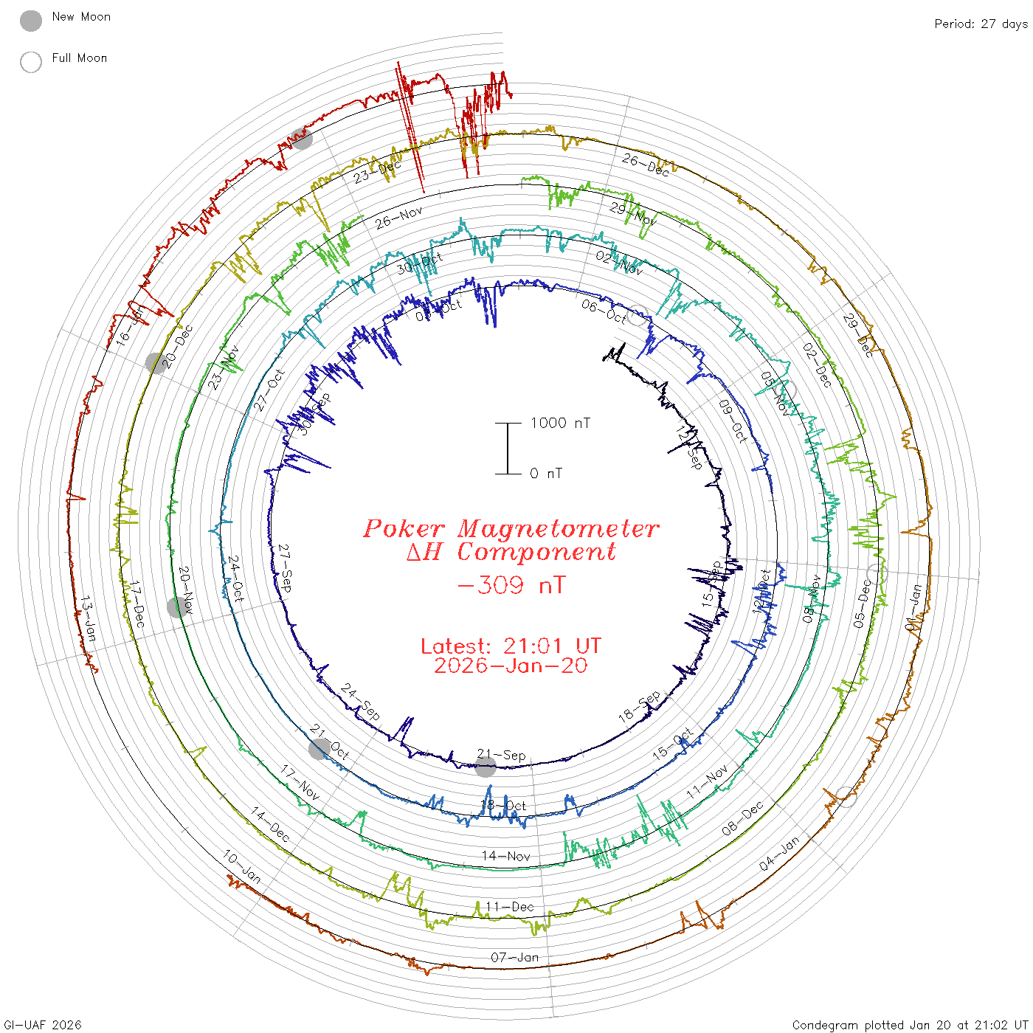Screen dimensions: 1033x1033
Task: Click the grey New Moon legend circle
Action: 31,21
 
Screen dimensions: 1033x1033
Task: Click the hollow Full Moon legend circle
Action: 31,62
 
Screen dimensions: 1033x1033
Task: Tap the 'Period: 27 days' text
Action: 981,24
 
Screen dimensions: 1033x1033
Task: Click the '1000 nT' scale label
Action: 560,423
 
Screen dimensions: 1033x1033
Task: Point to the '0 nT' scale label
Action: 546,474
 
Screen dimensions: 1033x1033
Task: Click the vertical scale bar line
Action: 508,448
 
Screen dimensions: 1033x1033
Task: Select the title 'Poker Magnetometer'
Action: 511,528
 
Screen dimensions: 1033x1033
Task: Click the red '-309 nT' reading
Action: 511,586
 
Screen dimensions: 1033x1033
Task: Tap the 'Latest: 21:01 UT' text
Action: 511,646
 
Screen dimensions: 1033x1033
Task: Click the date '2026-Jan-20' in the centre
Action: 511,666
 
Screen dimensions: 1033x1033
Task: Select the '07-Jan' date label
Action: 515,958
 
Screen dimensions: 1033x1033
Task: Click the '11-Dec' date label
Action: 509,907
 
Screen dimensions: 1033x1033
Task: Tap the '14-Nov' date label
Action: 506,856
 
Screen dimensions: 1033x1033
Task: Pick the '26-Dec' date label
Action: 646,165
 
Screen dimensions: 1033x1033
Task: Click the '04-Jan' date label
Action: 779,854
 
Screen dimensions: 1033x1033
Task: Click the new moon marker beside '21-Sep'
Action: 485,767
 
